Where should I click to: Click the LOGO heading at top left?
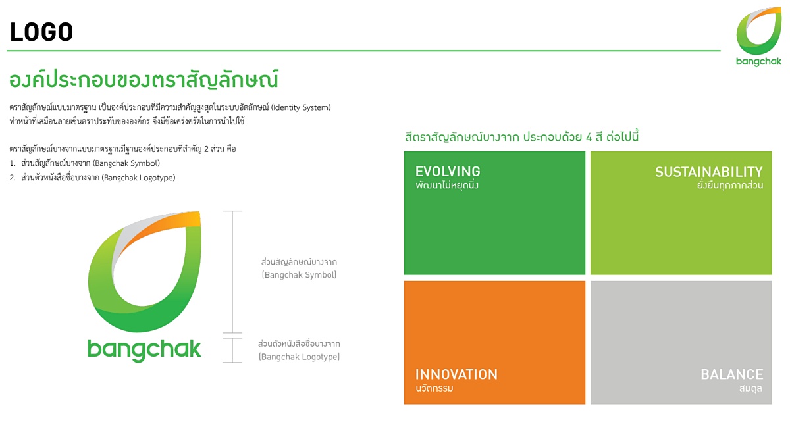[x=41, y=32]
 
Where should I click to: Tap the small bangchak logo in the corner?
[x=758, y=37]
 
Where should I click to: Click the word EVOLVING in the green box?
[x=448, y=172]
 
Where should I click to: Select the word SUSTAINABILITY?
[x=709, y=172]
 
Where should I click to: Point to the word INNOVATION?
[x=456, y=374]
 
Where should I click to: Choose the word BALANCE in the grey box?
[x=732, y=374]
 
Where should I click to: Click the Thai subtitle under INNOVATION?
[x=434, y=388]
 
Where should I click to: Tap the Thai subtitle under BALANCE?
[x=750, y=388]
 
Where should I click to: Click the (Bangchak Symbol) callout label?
[x=299, y=275]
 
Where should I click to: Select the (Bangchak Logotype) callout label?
[x=299, y=357]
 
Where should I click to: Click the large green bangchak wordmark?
[x=144, y=350]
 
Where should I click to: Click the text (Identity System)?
[x=301, y=107]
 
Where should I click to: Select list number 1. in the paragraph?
[x=13, y=163]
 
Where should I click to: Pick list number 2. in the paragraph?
[x=13, y=178]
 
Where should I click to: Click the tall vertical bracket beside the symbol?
[x=232, y=272]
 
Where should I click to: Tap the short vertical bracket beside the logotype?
[x=232, y=350]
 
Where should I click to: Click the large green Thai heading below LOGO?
[x=144, y=80]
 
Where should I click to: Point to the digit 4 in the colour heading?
[x=589, y=137]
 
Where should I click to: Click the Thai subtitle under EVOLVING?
[x=447, y=186]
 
